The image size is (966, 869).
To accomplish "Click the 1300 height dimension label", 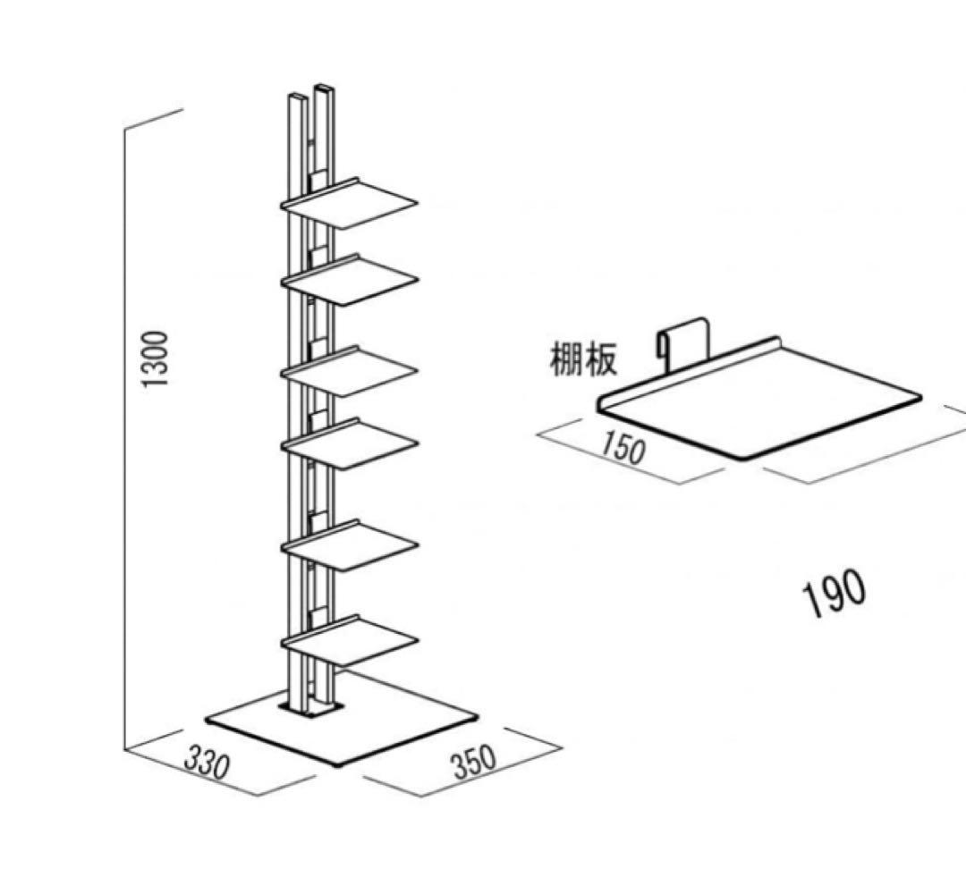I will [157, 359].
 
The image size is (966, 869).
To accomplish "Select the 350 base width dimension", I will [473, 761].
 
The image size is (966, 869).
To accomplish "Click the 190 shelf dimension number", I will [835, 594].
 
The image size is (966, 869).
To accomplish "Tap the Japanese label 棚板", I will [582, 361].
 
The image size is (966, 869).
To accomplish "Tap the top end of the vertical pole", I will [309, 93].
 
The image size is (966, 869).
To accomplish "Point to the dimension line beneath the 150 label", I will [617, 461].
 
